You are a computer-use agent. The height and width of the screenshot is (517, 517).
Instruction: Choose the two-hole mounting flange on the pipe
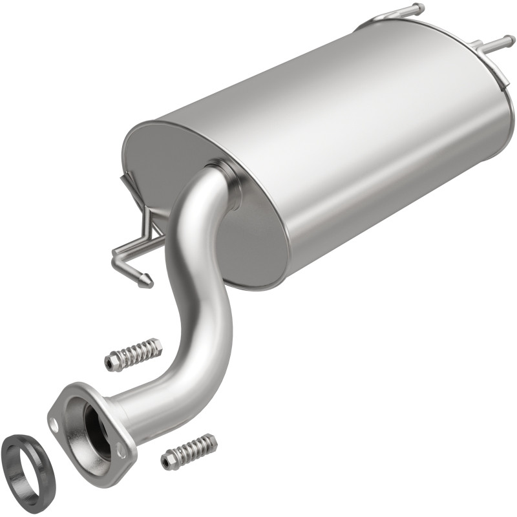point(71,401)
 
